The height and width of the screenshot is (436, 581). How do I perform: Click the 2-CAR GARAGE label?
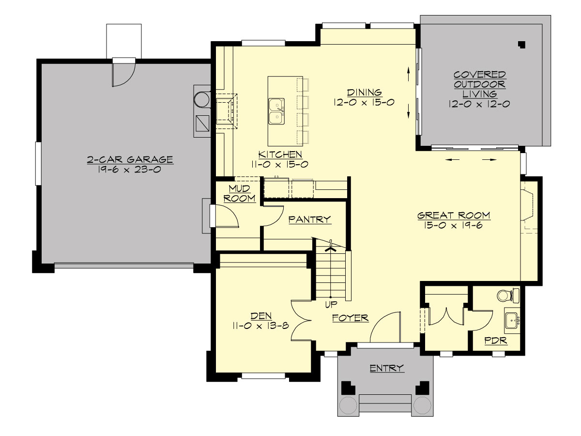pyautogui.click(x=130, y=159)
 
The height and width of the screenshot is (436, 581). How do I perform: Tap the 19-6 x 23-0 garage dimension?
pyautogui.click(x=130, y=170)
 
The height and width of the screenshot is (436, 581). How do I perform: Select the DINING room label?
pyautogui.click(x=364, y=92)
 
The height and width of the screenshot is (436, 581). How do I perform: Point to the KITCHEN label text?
pyautogui.click(x=280, y=155)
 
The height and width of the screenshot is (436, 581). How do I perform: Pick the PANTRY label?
pyautogui.click(x=309, y=219)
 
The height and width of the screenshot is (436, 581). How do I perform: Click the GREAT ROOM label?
pyautogui.click(x=454, y=215)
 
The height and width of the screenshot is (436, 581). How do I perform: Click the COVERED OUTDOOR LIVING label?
pyautogui.click(x=479, y=84)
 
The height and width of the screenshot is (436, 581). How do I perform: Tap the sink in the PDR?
pyautogui.click(x=512, y=320)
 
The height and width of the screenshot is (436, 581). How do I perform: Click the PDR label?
pyautogui.click(x=496, y=341)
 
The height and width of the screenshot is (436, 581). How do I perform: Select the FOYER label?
pyautogui.click(x=350, y=318)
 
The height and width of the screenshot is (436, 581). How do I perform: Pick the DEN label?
pyautogui.click(x=260, y=316)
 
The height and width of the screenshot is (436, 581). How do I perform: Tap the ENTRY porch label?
pyautogui.click(x=386, y=368)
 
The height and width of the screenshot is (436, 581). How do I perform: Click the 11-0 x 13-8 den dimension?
pyautogui.click(x=260, y=326)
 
